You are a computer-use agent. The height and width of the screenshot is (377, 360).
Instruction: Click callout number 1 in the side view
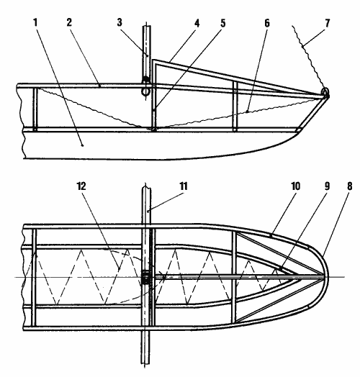(35, 23)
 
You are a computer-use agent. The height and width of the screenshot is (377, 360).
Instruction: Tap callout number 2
(69, 22)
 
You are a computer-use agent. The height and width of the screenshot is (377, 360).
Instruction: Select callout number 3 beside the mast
(120, 22)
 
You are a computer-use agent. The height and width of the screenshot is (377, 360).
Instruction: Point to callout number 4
(197, 23)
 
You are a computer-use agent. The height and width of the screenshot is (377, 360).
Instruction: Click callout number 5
(223, 23)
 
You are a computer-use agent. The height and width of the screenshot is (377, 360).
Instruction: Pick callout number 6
(267, 23)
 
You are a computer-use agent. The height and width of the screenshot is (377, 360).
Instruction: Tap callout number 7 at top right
(328, 23)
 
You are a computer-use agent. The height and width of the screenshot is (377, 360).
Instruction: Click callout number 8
(350, 186)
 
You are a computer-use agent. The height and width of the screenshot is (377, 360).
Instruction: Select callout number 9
(327, 186)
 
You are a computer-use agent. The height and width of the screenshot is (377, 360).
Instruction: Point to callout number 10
(296, 186)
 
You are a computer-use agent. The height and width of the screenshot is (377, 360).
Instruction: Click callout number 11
(184, 186)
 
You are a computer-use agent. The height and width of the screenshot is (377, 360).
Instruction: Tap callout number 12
(81, 186)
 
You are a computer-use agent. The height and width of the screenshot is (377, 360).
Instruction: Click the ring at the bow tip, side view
(325, 92)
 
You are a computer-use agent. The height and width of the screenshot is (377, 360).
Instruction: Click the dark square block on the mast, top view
(145, 278)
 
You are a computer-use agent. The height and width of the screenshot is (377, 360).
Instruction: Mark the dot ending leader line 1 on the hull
(83, 145)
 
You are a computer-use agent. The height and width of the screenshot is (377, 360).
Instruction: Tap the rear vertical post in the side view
(35, 109)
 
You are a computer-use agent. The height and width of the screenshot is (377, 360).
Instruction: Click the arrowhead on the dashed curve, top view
(163, 276)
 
